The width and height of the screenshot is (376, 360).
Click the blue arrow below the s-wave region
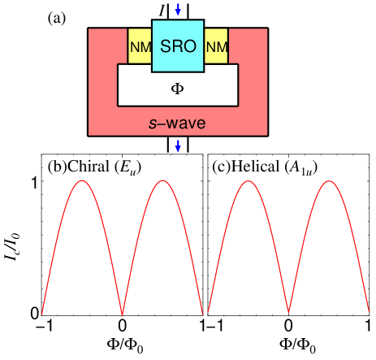click(x=178, y=146)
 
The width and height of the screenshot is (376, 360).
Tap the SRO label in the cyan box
click(x=178, y=46)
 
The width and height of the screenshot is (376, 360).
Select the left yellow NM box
click(x=140, y=47)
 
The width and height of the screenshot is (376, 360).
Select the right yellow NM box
click(x=216, y=47)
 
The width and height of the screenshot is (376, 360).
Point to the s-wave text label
click(x=176, y=124)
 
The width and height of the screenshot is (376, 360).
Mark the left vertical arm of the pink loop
click(x=102, y=81)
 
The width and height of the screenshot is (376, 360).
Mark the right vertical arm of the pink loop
click(x=253, y=81)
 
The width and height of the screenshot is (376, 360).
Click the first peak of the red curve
click(x=81, y=181)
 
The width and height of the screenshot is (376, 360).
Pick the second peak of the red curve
click(x=163, y=181)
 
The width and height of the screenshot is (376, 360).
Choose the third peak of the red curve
click(x=246, y=181)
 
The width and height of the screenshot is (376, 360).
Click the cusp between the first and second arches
click(x=122, y=313)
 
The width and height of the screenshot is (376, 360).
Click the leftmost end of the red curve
click(x=41, y=314)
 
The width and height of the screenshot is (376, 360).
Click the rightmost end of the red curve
click(x=370, y=312)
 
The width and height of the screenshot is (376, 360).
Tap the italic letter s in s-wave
click(x=152, y=124)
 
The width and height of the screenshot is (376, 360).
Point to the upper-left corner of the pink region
click(x=91, y=31)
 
